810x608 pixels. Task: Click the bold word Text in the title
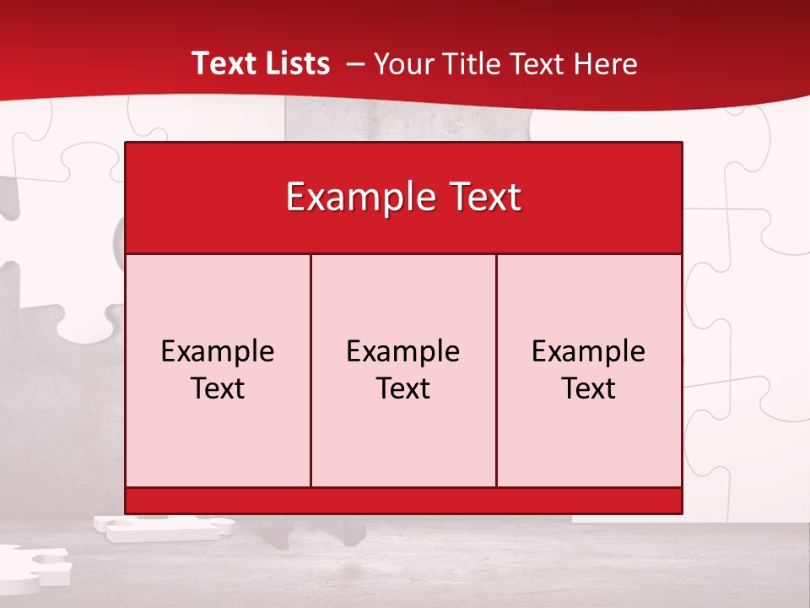[x=222, y=63]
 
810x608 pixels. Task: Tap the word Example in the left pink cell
[x=218, y=351]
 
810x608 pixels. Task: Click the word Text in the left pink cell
[x=218, y=388]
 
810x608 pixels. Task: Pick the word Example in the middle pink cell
[x=403, y=351]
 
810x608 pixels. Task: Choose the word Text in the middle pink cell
[x=403, y=388]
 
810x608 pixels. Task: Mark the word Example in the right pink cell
[x=589, y=351]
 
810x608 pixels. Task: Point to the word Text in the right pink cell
[x=589, y=388]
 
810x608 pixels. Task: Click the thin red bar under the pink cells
[x=403, y=501]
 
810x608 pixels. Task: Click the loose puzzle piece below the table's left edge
[x=160, y=528]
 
